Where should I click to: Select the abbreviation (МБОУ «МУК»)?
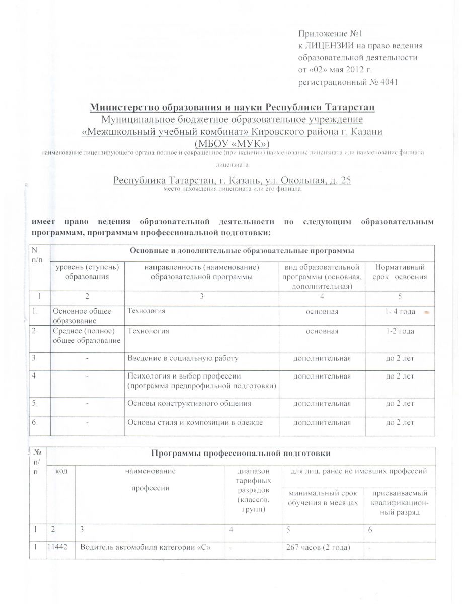[232, 143]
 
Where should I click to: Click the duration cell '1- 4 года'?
[400, 312]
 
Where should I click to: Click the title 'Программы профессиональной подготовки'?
[241, 454]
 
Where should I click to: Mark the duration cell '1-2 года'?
[400, 331]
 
